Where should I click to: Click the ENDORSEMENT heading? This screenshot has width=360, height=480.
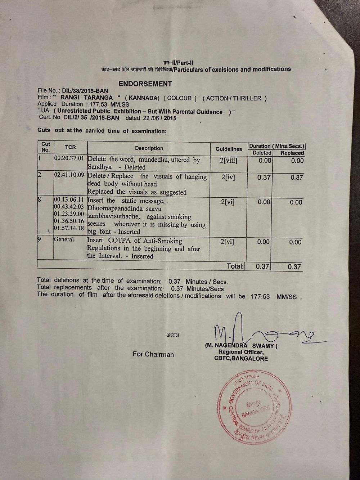point(145,84)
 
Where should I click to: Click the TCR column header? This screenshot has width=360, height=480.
point(71,147)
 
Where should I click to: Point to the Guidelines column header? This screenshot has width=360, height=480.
point(229,149)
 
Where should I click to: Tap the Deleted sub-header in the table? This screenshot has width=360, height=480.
point(262,153)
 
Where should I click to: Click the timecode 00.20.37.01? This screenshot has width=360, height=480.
point(69,158)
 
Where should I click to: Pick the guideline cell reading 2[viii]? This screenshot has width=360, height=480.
point(229,160)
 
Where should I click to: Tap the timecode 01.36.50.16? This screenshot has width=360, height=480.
point(69,221)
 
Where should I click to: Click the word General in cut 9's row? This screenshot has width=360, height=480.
point(64,239)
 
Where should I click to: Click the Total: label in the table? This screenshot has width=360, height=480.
point(235,266)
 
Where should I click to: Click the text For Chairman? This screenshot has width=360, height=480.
point(153,354)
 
